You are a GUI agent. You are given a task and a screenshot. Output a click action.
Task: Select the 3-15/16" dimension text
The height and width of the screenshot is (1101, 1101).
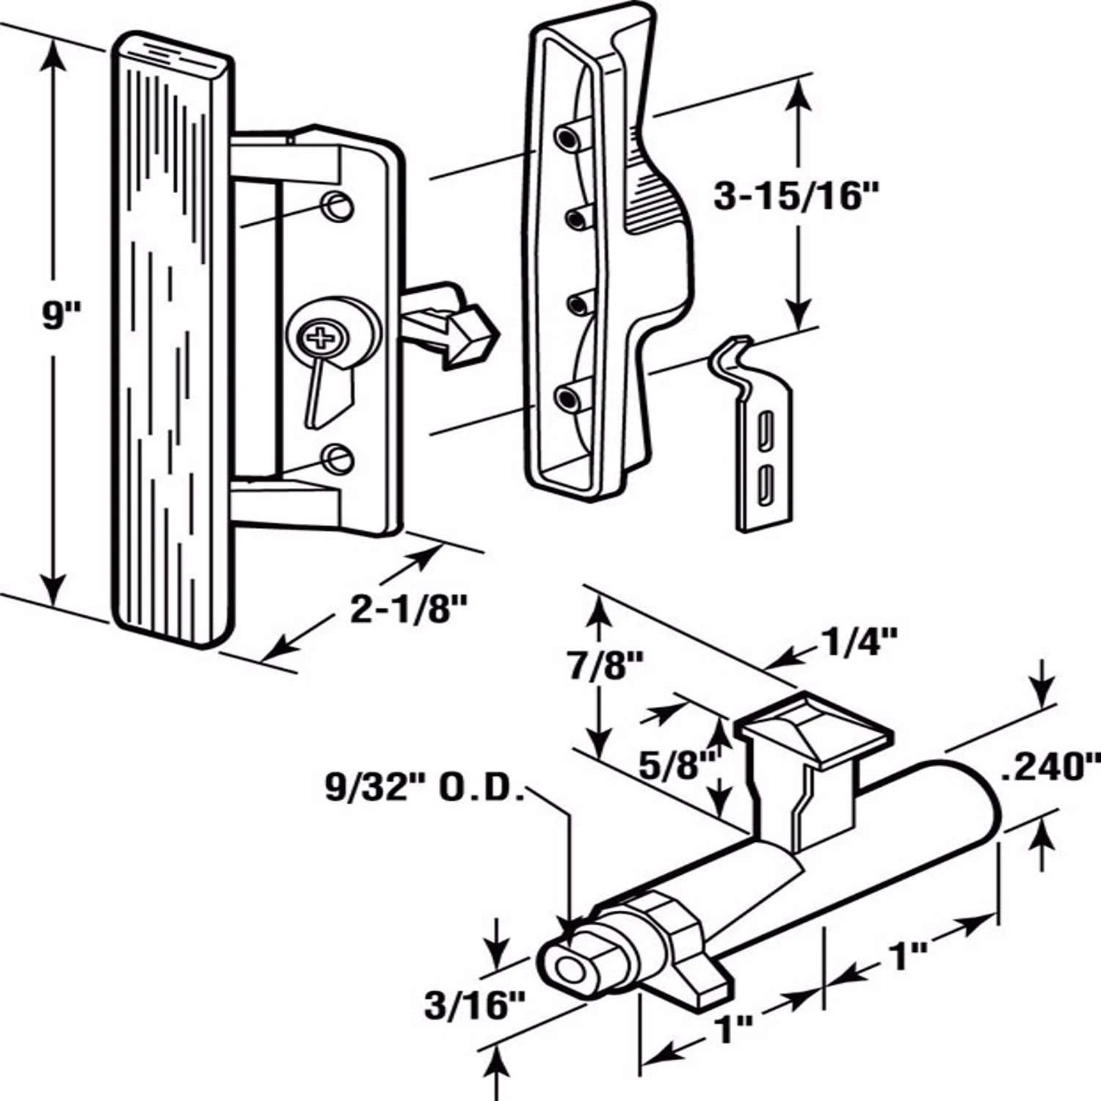797,197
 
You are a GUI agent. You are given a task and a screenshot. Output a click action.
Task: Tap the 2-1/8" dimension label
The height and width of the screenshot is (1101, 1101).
408,609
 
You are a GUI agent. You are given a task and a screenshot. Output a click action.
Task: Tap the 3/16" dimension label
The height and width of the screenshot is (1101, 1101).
475,1005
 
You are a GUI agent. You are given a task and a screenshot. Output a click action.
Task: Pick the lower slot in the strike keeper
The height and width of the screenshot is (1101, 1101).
766,481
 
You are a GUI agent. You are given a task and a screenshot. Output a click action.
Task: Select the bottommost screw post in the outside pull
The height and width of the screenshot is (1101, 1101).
567,399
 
